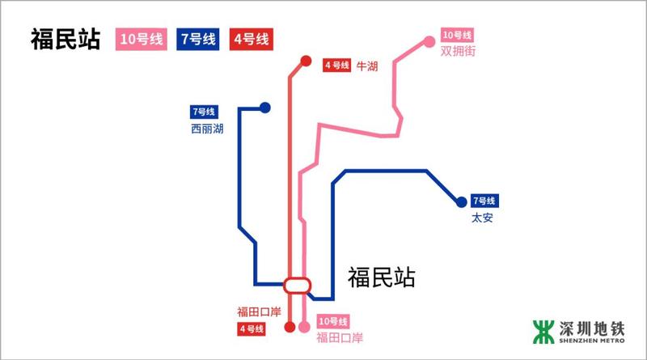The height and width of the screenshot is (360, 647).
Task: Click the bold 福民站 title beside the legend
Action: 65,40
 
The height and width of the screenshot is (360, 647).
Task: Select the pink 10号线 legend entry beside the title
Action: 142,39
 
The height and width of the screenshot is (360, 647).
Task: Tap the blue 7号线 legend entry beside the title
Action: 198,39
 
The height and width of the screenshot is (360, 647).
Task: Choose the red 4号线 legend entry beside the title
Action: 250,39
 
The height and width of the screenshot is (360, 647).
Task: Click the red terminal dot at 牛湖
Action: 306,61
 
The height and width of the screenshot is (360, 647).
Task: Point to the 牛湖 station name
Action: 367,66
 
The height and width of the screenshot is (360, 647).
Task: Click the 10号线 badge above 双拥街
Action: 456,36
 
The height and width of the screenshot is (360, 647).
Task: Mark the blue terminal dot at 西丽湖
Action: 264,108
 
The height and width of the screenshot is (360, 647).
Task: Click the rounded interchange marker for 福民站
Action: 297,285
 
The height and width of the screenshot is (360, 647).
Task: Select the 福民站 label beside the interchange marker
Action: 382,278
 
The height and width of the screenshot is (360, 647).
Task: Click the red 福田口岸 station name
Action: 257,312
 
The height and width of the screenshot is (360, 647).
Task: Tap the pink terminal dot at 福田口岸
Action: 304,328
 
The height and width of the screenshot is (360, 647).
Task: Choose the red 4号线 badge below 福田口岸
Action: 252,328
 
